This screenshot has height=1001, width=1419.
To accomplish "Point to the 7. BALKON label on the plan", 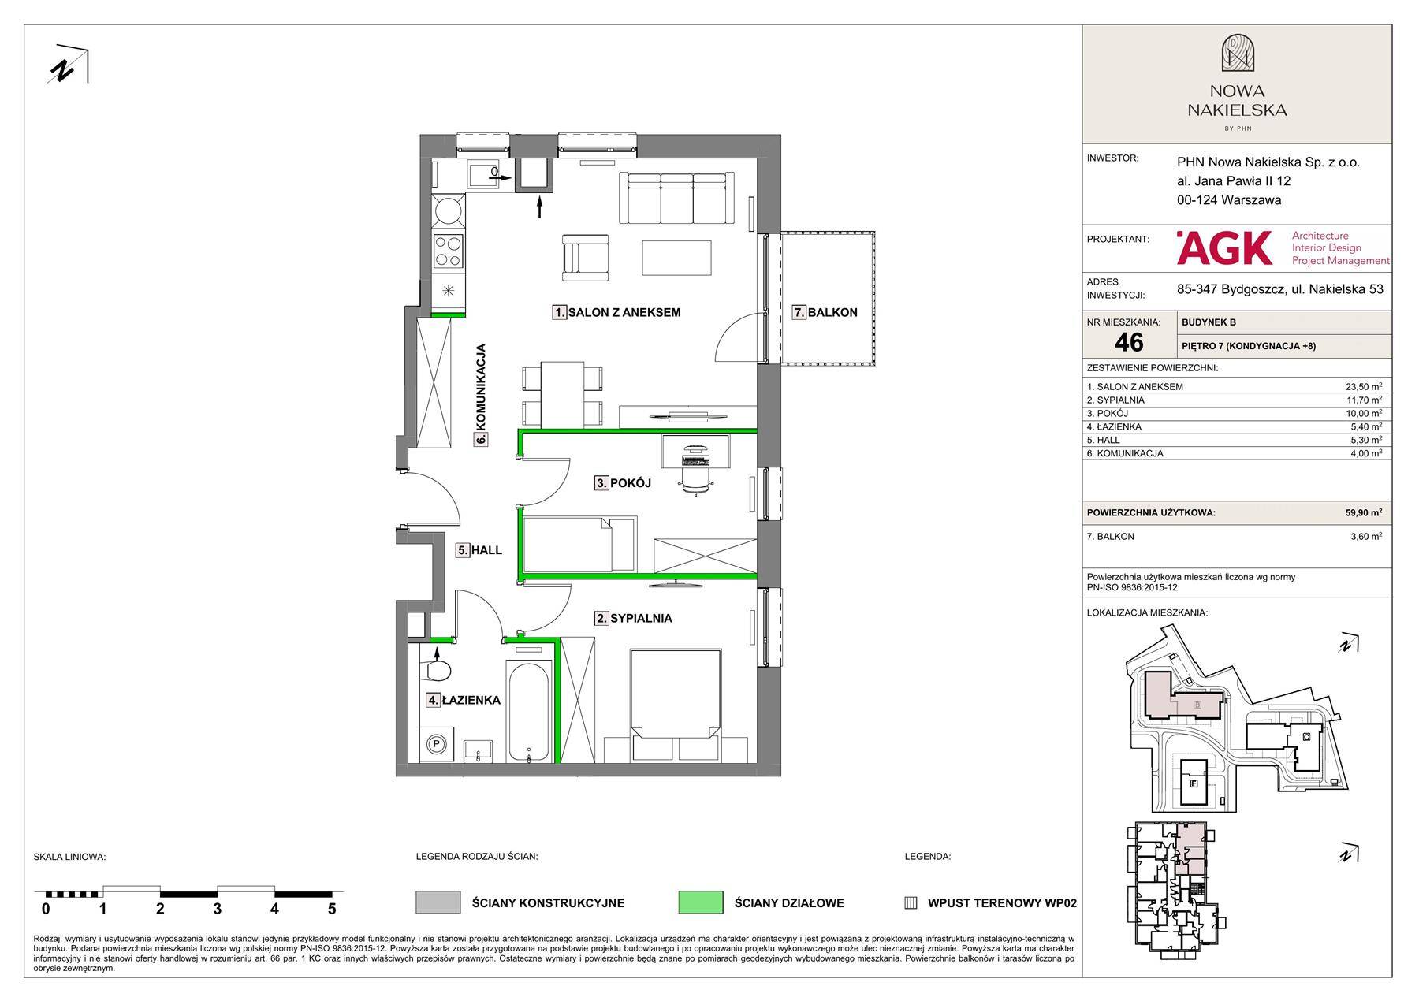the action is [825, 312].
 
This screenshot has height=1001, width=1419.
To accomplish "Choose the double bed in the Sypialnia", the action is [676, 694].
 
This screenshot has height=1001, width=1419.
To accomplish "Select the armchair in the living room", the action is [585, 257].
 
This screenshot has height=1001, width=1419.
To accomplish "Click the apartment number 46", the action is [1129, 341].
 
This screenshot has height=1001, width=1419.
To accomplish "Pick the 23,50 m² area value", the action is [1364, 386].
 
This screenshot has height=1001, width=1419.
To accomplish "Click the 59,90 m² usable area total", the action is [1364, 512].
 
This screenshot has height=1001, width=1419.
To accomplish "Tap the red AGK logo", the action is [1224, 247].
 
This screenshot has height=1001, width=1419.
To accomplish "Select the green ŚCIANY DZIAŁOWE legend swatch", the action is [701, 902].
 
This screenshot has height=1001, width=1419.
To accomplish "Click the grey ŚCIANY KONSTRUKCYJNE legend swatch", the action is [438, 902].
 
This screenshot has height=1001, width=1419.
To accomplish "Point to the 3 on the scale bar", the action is [218, 909].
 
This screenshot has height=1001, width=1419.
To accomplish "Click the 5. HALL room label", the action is [479, 550].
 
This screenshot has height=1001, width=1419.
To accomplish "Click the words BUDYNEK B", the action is [1209, 322].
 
